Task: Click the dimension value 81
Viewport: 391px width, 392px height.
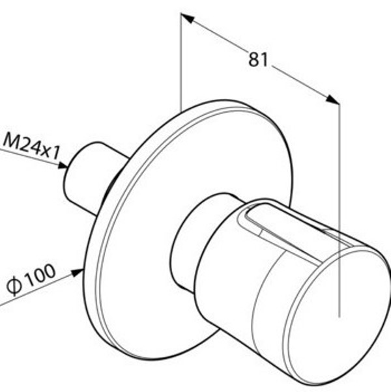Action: (258, 59)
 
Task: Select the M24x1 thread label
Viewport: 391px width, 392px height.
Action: (31, 147)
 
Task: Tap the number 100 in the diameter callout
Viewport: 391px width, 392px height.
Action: (40, 275)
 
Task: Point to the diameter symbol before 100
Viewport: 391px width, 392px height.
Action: (14, 286)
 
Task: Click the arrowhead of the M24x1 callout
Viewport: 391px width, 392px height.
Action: (63, 165)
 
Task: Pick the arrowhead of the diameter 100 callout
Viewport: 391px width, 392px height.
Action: (77, 272)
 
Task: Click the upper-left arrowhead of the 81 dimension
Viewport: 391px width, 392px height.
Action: (188, 18)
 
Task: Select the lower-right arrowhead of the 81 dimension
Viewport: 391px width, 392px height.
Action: (333, 100)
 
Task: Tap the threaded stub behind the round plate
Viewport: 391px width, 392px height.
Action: (93, 175)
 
